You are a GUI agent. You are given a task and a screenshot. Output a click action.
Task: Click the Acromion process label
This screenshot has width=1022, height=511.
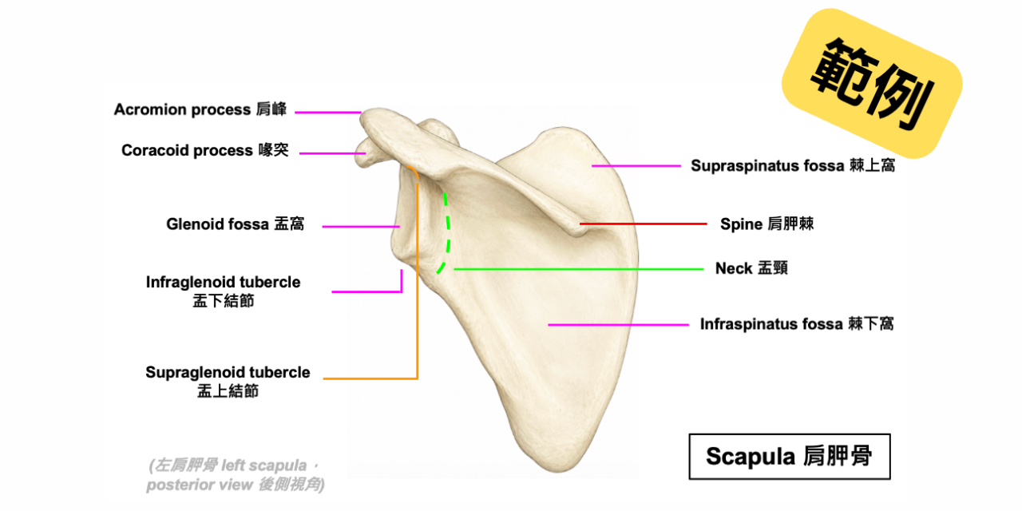point(200,109)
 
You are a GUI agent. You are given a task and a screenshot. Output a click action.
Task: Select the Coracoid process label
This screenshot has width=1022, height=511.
point(205,150)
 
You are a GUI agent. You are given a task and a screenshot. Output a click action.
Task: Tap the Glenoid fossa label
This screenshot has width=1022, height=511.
point(235,224)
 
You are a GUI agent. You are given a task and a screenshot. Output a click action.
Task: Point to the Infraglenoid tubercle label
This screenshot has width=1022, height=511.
point(223,291)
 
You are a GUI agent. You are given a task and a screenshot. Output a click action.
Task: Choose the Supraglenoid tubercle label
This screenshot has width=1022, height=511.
point(228,382)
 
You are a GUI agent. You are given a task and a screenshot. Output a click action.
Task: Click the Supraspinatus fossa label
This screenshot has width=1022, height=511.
point(793,165)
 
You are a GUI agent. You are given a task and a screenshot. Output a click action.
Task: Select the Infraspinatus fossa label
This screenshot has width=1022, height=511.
point(797,324)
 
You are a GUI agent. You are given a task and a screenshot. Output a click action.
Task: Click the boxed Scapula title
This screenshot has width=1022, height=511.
point(790,456)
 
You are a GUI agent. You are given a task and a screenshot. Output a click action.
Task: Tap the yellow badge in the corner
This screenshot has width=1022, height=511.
point(872,84)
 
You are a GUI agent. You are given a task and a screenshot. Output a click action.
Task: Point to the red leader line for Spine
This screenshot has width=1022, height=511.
point(644,224)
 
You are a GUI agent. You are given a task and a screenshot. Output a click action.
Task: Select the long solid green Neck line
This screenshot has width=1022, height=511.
point(579,269)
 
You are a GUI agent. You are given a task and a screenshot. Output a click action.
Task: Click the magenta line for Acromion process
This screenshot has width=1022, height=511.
point(327,113)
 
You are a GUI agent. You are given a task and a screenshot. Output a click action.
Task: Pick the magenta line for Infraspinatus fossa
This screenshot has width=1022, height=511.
point(618,325)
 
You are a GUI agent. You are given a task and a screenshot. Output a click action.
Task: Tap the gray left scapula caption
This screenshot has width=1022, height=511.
point(236,475)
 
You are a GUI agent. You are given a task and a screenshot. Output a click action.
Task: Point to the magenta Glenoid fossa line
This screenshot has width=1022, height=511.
point(361,226)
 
